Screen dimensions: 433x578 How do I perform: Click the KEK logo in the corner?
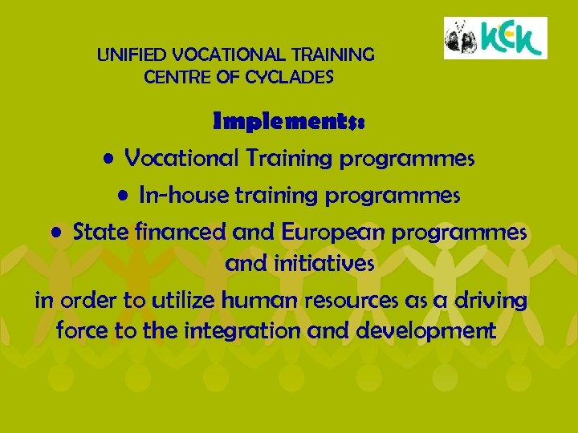coord(495,38)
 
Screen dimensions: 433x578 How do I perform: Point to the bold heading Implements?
coord(289,123)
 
